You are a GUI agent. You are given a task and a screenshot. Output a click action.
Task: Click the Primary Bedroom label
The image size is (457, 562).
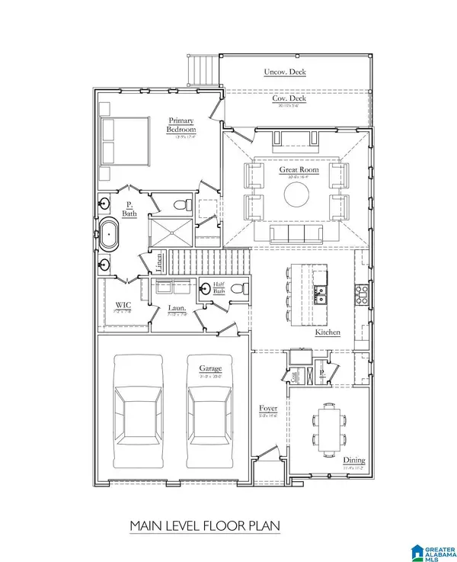(x=181, y=125)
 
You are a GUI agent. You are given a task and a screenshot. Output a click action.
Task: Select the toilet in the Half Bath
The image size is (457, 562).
(x=238, y=289)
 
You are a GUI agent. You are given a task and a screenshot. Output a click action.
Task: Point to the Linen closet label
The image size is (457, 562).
(x=159, y=263)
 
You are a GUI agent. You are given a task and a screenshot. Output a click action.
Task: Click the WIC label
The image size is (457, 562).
(x=113, y=306)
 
